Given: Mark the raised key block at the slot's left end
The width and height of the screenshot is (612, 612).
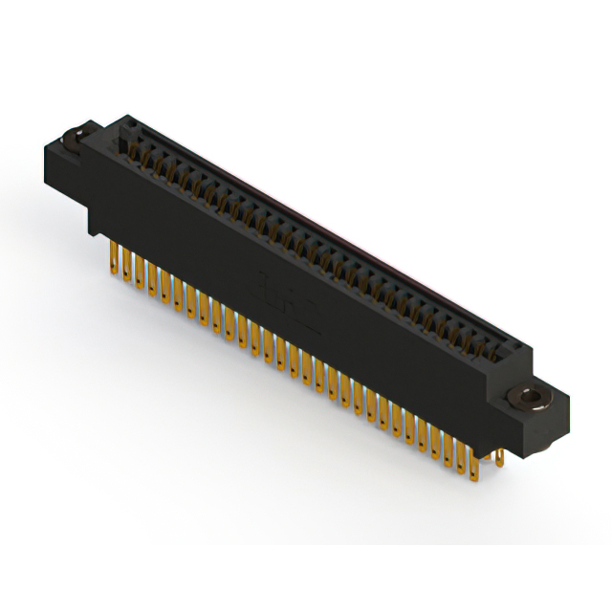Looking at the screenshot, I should pyautogui.click(x=121, y=143).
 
